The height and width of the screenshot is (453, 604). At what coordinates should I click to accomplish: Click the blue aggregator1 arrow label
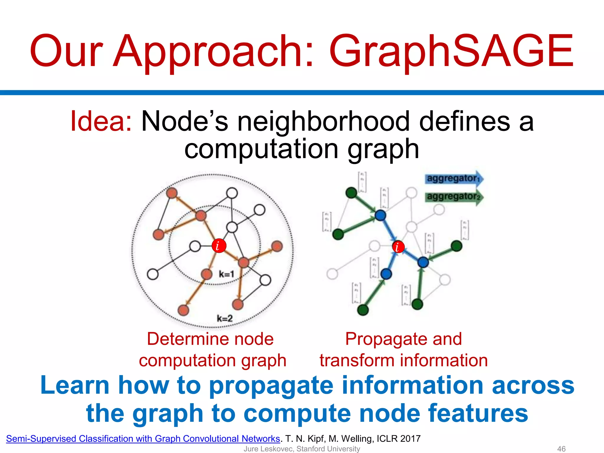[x=453, y=178]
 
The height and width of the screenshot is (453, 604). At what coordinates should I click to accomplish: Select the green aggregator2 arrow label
[x=453, y=197]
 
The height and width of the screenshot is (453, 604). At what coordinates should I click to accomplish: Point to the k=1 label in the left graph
[x=226, y=274]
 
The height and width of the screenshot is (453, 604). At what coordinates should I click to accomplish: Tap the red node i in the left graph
[x=219, y=246]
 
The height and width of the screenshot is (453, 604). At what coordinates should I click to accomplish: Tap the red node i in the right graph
[x=398, y=247]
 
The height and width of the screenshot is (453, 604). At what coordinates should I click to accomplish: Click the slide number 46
[x=561, y=449]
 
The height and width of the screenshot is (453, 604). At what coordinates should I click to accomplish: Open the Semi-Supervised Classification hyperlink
[x=143, y=439]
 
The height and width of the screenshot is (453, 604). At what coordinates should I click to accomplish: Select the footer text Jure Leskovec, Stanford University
[x=302, y=449]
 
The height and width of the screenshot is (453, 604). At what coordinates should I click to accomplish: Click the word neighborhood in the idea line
[x=324, y=121]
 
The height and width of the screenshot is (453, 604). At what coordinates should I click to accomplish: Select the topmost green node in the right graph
[x=351, y=193]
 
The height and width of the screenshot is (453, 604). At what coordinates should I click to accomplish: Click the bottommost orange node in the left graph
[x=183, y=310]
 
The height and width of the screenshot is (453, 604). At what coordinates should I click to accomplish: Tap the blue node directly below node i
[x=386, y=274]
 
